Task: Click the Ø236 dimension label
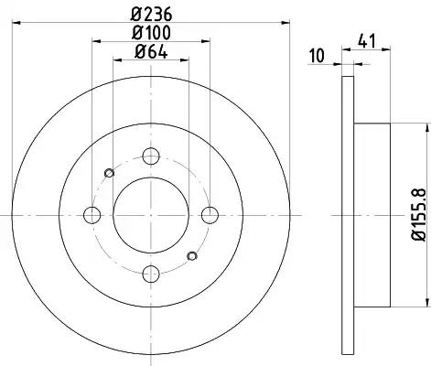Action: [151, 14]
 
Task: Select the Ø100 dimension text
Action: [151, 32]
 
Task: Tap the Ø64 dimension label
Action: [151, 51]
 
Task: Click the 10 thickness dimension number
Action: [318, 56]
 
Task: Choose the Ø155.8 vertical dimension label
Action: [418, 215]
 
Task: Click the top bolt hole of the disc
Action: [151, 156]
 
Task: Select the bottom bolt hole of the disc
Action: [151, 274]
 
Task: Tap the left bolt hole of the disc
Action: [92, 215]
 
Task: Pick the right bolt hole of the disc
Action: [210, 215]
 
